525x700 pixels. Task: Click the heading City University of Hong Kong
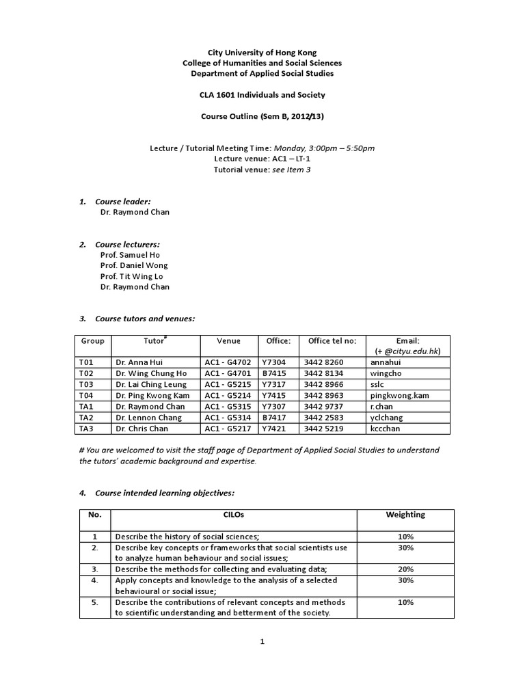point(262,52)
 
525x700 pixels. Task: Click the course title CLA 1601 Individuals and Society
point(262,94)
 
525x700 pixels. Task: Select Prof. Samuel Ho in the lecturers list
point(130,254)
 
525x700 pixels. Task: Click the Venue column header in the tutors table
point(228,340)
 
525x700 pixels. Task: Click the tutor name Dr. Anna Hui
point(139,362)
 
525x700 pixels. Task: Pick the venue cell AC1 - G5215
point(228,384)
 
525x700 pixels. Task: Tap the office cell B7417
point(273,417)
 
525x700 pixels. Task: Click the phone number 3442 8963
point(325,395)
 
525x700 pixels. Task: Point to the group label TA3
point(86,428)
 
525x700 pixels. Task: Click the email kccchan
point(385,428)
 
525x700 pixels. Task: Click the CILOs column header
point(234,515)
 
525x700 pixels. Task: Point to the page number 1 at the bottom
point(262,642)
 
